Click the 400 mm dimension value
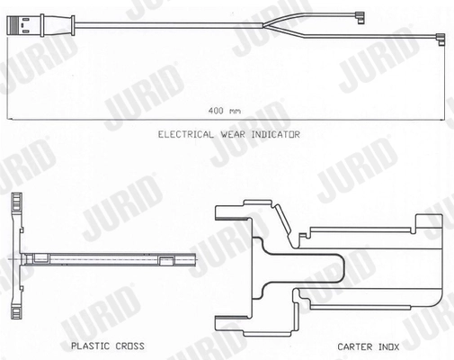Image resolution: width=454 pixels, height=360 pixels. pos(225,111)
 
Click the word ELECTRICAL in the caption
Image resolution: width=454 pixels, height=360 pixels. pos(186,134)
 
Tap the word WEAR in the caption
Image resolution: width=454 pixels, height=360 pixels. pos(233,134)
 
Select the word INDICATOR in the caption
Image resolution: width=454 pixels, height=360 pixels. pos(275,134)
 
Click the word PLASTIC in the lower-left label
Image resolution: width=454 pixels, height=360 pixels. pos(90,346)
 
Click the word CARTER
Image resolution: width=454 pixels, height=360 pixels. pos(355,346)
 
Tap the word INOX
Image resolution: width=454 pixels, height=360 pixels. pos(389,346)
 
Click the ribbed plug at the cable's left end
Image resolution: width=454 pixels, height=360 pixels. pos(25,25)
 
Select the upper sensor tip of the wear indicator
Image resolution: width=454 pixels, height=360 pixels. pos(359,17)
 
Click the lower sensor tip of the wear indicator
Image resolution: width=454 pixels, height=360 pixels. pos(441,40)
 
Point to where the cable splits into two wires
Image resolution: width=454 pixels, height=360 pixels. pos(263,26)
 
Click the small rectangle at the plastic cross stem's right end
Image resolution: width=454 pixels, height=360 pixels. pos(165,261)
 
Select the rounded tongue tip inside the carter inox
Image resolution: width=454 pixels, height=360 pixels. pos(342,268)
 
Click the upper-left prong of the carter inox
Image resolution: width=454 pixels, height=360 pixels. pos(231,212)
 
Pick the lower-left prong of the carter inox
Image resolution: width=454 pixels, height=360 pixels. pos(231,323)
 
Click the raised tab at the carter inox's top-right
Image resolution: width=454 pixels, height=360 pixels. pos(429,223)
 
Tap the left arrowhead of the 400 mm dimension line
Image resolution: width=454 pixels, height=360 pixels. pos(10,120)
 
